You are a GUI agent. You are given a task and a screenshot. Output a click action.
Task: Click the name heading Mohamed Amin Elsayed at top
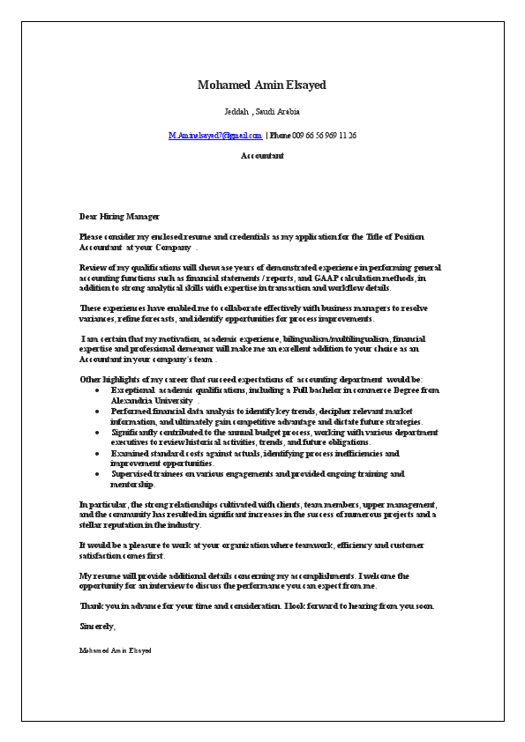[262, 85]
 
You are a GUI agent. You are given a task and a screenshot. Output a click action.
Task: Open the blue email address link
[215, 136]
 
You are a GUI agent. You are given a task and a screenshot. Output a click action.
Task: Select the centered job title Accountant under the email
[262, 156]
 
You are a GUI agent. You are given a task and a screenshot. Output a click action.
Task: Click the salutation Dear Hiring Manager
[119, 216]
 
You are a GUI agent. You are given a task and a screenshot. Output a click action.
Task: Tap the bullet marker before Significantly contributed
[97, 433]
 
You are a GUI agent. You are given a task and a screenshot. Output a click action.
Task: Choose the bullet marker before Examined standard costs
[97, 454]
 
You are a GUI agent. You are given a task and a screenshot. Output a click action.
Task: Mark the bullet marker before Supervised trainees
[97, 474]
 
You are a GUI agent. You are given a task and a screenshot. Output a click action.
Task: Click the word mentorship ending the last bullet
[132, 485]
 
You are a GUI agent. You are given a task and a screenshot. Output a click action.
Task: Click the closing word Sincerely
[97, 627]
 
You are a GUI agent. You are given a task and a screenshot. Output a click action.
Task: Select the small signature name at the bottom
[115, 650]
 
